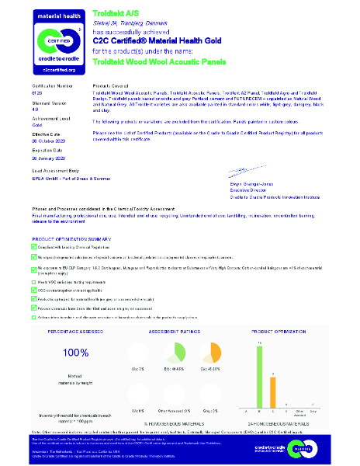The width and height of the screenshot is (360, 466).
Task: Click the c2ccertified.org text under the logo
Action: click(54, 69)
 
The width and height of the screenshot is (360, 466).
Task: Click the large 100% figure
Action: click(75, 352)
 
